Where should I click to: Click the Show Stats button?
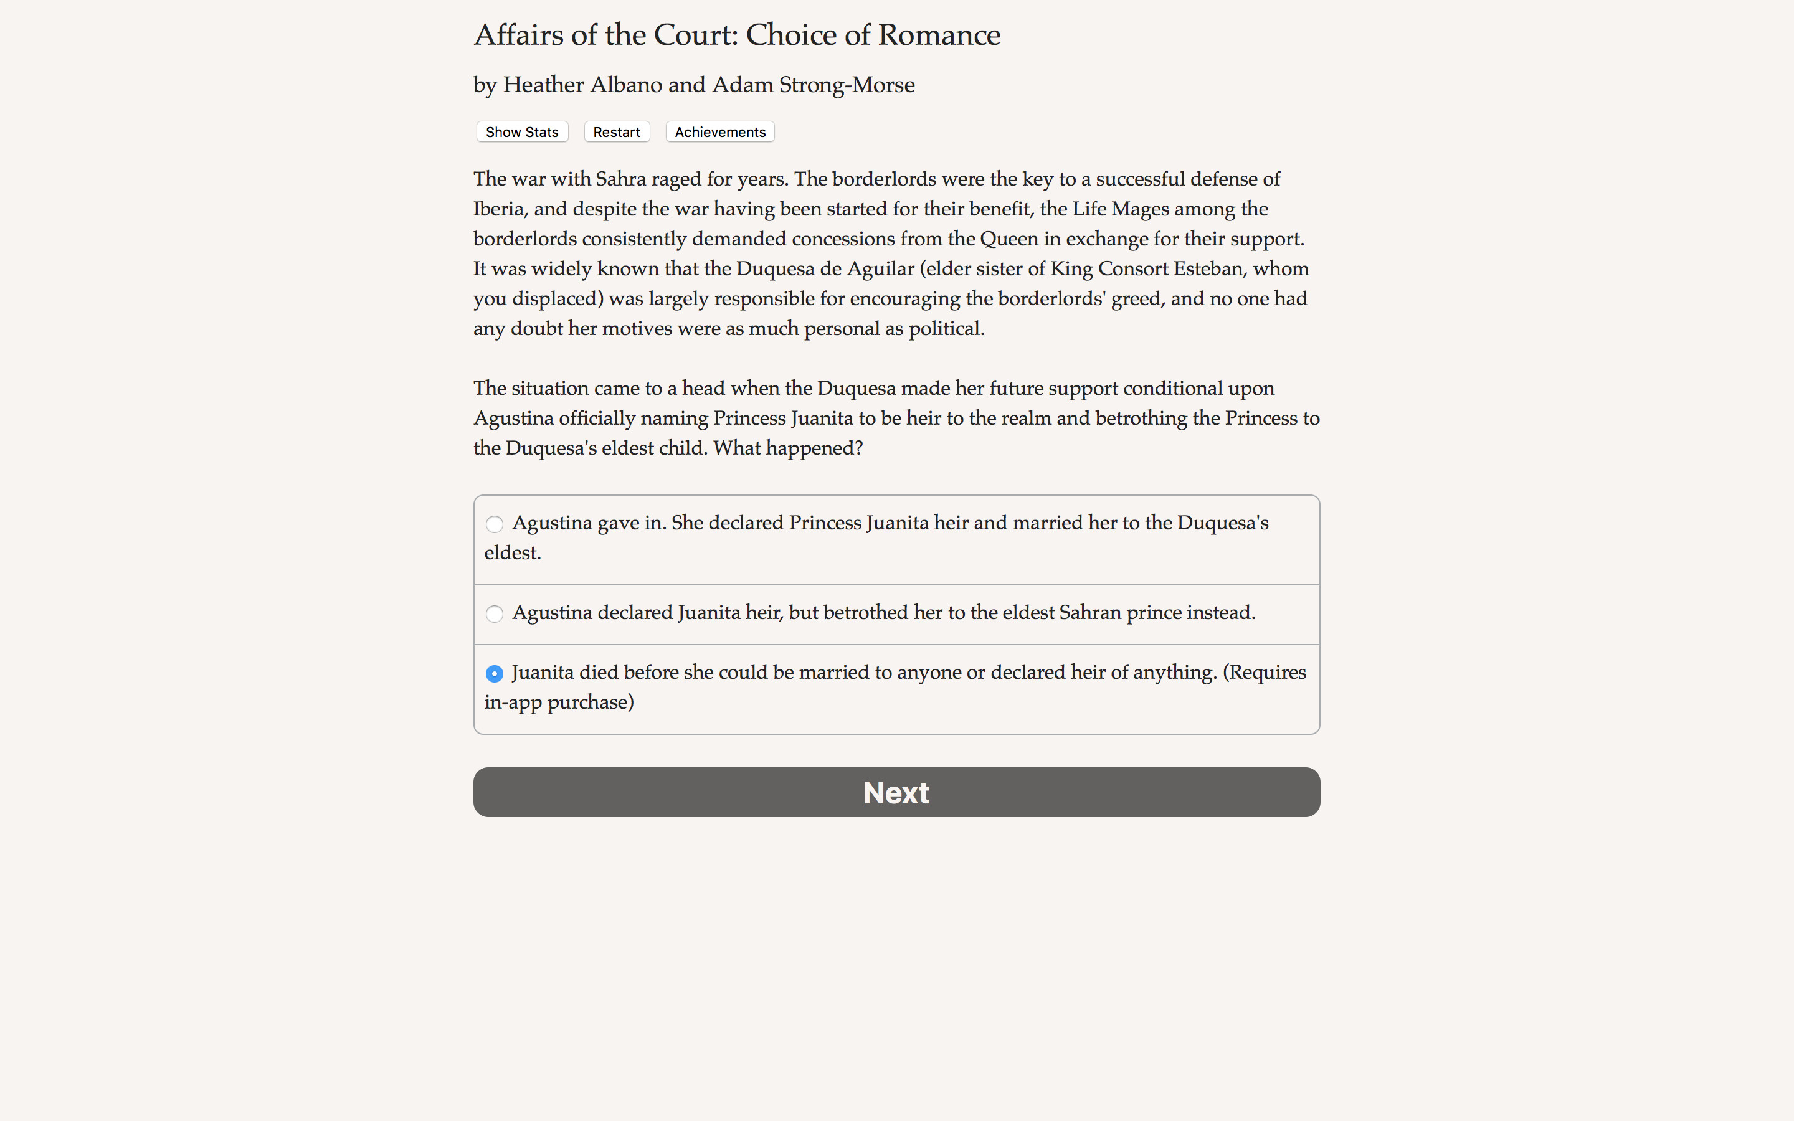(522, 132)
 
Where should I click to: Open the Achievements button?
(720, 132)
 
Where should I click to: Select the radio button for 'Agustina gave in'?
(495, 524)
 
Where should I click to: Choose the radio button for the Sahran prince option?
(495, 614)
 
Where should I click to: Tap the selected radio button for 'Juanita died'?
(495, 673)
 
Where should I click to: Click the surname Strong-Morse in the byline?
(847, 85)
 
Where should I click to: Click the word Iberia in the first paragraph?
(499, 209)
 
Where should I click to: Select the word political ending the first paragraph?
(946, 328)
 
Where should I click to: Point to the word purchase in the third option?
(590, 702)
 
